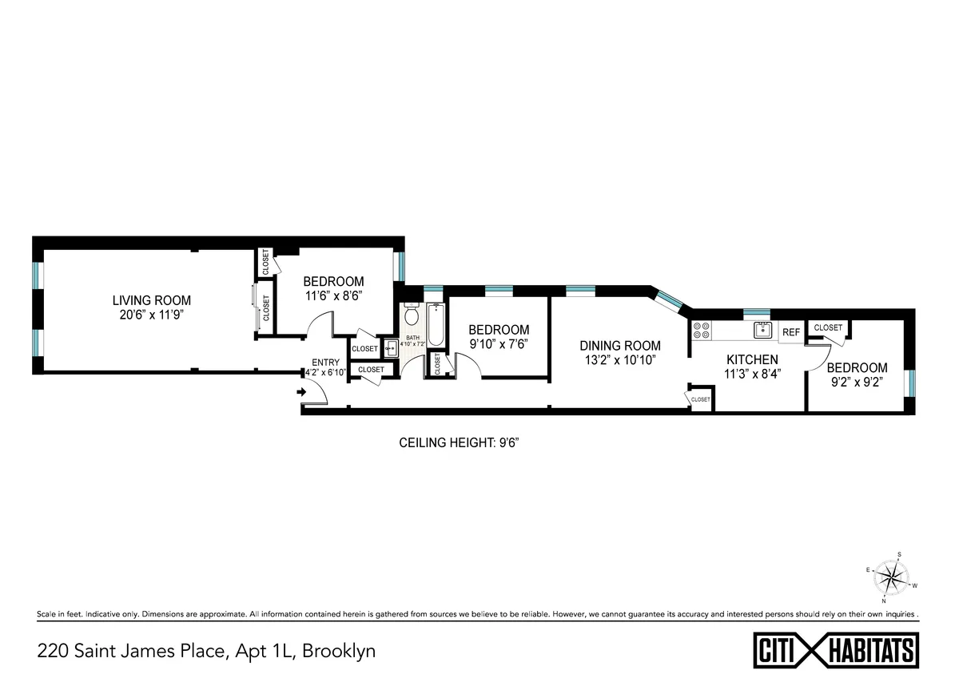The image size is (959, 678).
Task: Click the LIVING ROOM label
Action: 151,300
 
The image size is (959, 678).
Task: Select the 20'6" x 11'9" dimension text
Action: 151,315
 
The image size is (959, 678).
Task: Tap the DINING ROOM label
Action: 620,346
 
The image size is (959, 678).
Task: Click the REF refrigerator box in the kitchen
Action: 791,332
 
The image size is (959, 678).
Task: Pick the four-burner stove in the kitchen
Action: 702,331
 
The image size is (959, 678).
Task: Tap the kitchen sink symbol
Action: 761,330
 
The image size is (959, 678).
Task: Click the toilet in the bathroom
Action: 412,315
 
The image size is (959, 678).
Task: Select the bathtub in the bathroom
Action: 436,325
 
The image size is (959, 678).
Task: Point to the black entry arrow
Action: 301,392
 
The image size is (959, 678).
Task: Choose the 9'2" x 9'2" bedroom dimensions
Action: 856,382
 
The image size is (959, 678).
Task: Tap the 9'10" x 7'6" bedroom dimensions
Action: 499,344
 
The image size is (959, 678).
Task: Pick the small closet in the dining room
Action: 700,399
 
